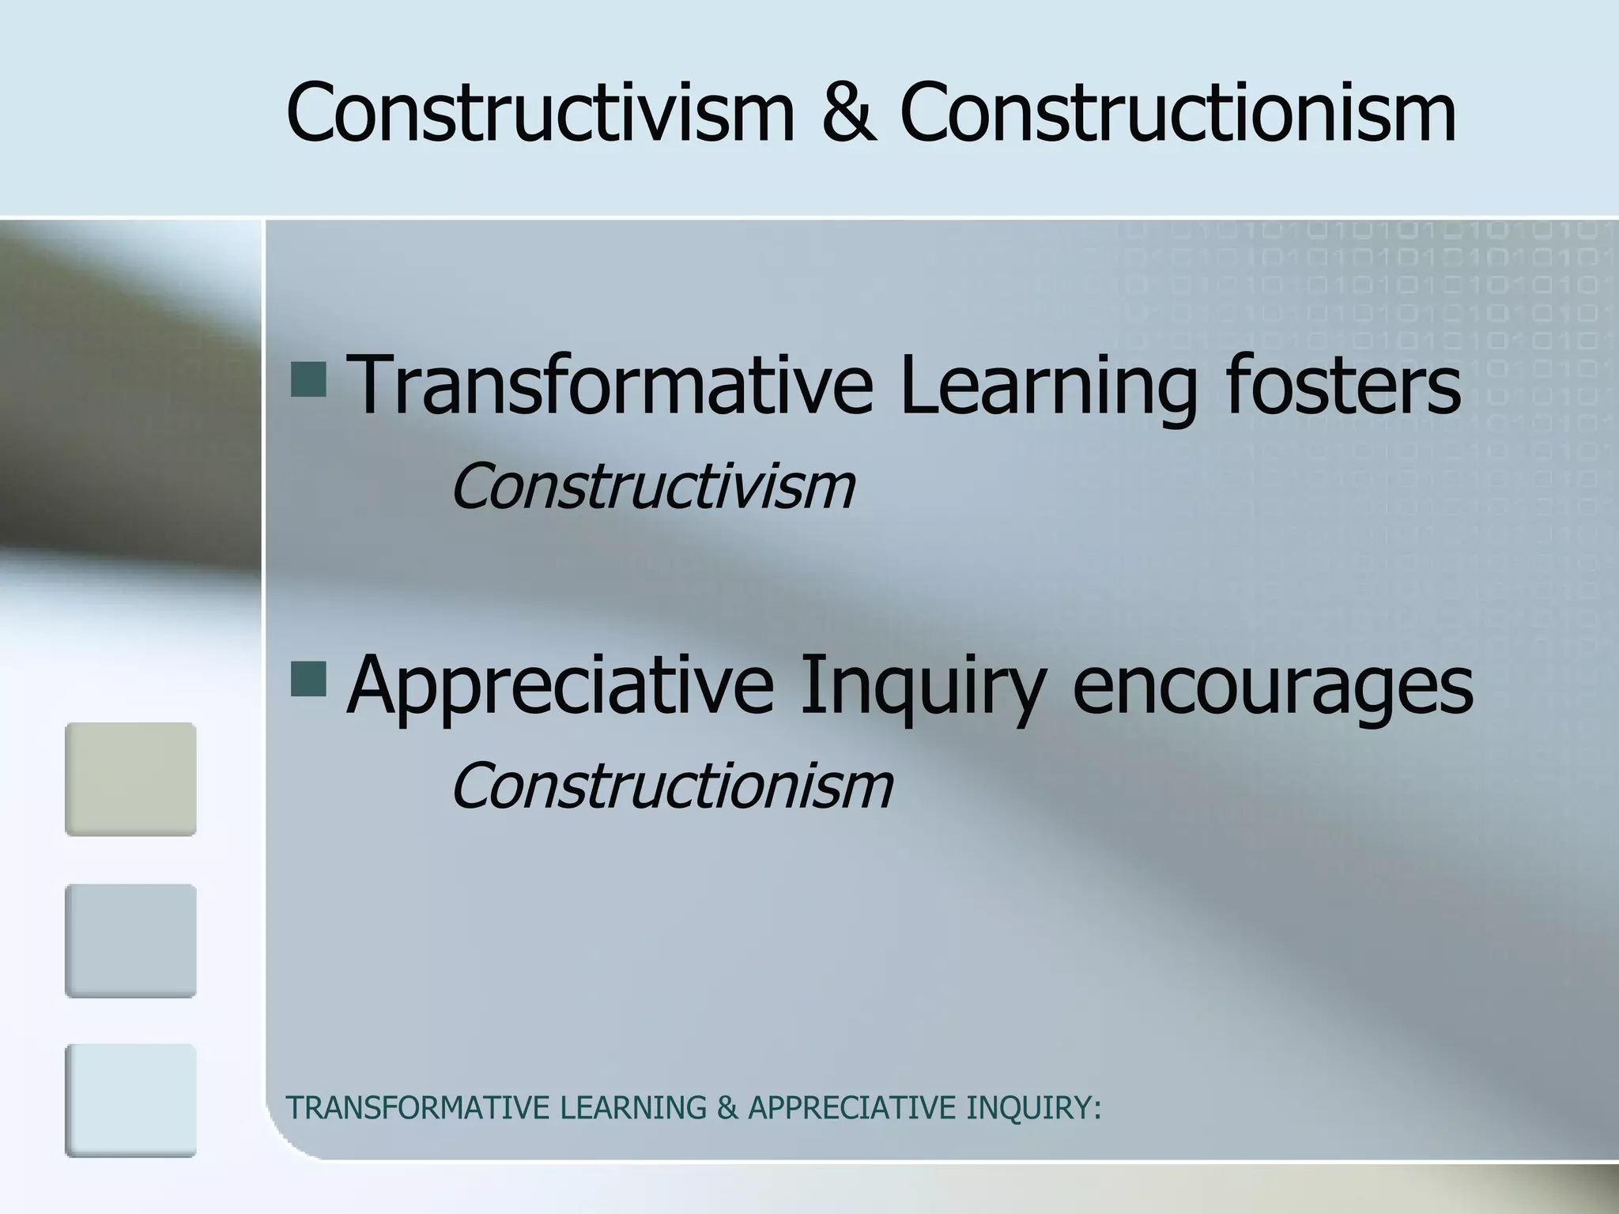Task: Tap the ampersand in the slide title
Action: click(x=849, y=113)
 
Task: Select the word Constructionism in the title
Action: click(x=1178, y=113)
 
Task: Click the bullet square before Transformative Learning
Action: click(x=308, y=379)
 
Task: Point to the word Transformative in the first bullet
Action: click(x=609, y=385)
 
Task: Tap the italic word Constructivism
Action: click(x=653, y=486)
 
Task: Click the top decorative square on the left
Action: click(x=130, y=779)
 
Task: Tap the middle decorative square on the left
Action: click(x=130, y=941)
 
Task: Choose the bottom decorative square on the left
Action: click(x=130, y=1100)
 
